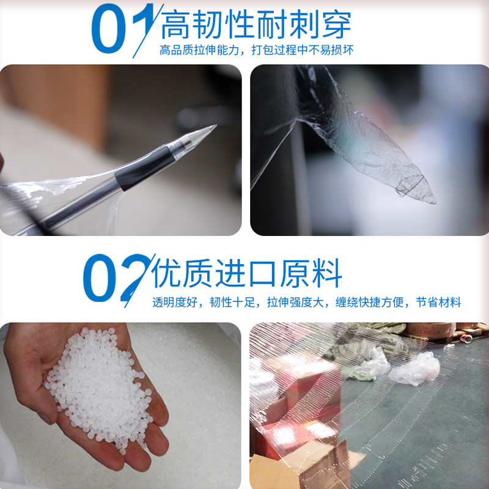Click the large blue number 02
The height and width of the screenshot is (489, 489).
(119, 279)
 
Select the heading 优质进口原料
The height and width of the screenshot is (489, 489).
(247, 273)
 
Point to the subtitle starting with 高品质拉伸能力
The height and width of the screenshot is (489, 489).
(256, 50)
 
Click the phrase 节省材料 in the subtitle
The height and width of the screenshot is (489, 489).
(438, 302)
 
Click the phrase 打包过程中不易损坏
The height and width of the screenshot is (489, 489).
(302, 50)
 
